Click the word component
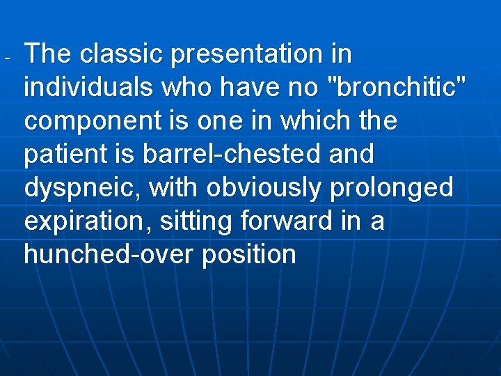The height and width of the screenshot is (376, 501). (93, 121)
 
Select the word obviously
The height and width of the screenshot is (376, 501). (269, 188)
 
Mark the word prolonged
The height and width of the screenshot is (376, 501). (399, 188)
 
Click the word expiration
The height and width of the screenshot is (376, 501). (87, 221)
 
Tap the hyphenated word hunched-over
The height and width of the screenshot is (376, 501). (109, 255)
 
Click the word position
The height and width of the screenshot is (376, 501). (249, 255)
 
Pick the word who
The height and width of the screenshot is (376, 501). (184, 87)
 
